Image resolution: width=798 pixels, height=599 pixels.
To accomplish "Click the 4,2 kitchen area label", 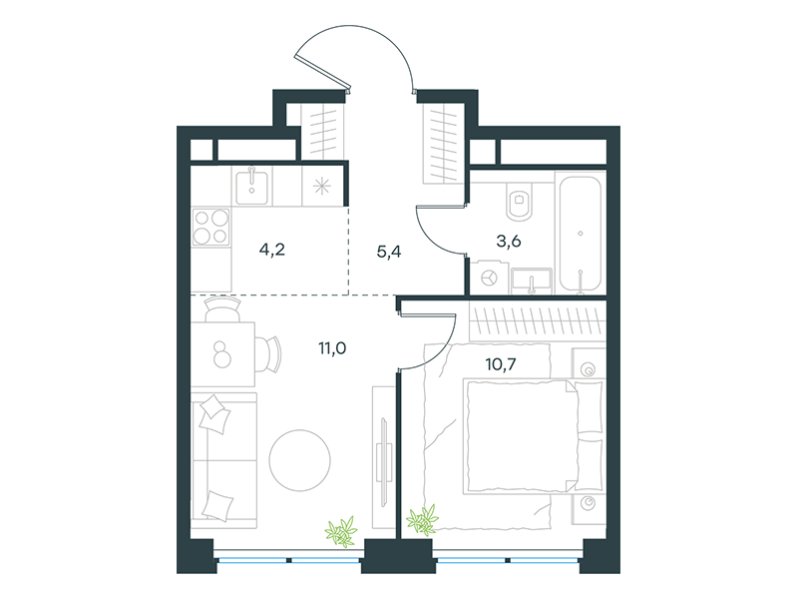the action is [271, 251].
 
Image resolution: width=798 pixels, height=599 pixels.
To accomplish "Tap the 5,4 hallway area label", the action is [389, 252].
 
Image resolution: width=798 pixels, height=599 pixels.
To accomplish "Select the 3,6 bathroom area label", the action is [509, 241].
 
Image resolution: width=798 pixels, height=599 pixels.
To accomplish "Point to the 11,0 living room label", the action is [332, 348].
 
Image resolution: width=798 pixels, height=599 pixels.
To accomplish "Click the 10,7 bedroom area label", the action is [501, 364].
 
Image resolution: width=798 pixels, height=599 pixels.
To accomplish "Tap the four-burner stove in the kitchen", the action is [211, 228].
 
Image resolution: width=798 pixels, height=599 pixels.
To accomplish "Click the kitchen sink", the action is [252, 188].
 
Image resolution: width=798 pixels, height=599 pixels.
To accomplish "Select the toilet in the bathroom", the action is [519, 202].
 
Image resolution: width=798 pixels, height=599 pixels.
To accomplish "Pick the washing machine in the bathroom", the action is [489, 279].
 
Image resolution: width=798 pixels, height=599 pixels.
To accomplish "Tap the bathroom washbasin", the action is [532, 281].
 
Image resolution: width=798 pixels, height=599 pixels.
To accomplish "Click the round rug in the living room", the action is [300, 460].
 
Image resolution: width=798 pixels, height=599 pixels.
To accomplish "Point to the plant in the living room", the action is [341, 531].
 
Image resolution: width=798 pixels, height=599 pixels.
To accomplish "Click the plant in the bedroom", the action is [422, 520].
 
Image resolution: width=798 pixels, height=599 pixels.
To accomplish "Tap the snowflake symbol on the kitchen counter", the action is [321, 187].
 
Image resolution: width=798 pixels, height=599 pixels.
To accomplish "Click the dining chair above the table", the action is [222, 309].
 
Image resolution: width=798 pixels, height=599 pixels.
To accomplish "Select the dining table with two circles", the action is [222, 354].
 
